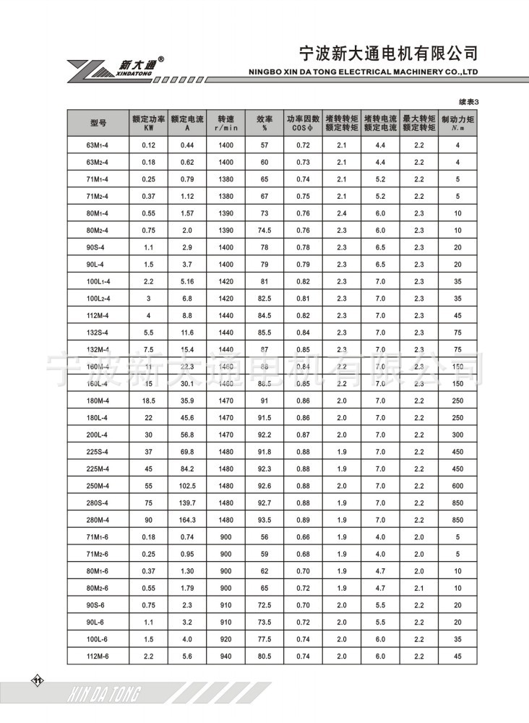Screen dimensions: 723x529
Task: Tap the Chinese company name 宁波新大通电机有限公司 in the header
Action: pos(388,54)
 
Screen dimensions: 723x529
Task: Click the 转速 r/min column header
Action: pos(226,123)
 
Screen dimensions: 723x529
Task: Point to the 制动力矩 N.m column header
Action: pos(457,123)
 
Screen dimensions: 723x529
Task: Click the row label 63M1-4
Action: pos(98,145)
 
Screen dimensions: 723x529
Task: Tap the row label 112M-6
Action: pos(98,655)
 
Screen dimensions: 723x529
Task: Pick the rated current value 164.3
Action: pos(187,519)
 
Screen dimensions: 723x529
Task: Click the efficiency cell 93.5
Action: pos(264,519)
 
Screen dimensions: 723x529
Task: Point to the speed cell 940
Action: pos(226,655)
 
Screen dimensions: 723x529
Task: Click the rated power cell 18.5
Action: pos(149,400)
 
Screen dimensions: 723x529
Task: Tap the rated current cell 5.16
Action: pos(187,281)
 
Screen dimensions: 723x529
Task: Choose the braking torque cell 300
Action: pos(457,434)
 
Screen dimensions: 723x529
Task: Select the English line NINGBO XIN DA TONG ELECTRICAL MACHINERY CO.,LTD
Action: pos(364,72)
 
